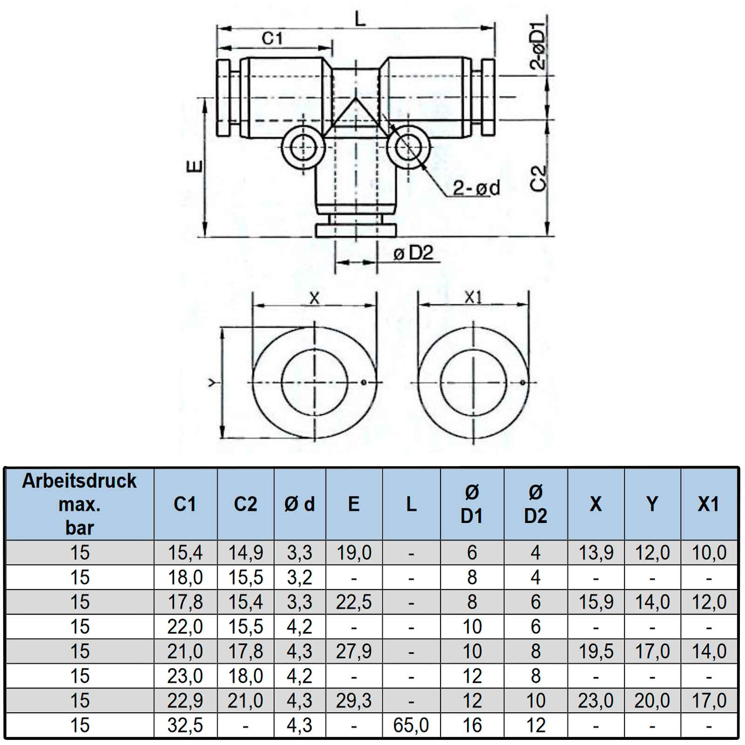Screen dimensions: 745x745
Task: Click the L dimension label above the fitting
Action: (x=360, y=19)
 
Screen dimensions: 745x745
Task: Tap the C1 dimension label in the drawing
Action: (x=272, y=38)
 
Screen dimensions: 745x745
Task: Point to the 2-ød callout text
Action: (x=476, y=188)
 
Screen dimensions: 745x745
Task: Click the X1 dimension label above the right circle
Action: (x=473, y=298)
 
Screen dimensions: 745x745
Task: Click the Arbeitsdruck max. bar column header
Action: (x=79, y=504)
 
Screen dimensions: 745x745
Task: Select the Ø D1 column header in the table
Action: (x=472, y=504)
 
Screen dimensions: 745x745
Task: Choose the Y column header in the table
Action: (x=652, y=504)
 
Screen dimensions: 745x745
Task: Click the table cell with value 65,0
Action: (x=411, y=725)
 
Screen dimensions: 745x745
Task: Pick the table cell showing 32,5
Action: (x=185, y=725)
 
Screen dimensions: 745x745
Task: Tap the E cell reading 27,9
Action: (x=353, y=651)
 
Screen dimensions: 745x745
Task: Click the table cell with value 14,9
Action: (x=245, y=553)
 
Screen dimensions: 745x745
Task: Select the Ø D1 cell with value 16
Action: (x=472, y=725)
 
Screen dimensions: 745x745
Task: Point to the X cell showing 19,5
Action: (x=596, y=651)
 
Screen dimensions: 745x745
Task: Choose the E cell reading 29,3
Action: (x=353, y=701)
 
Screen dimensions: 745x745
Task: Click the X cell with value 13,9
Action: (x=596, y=553)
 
